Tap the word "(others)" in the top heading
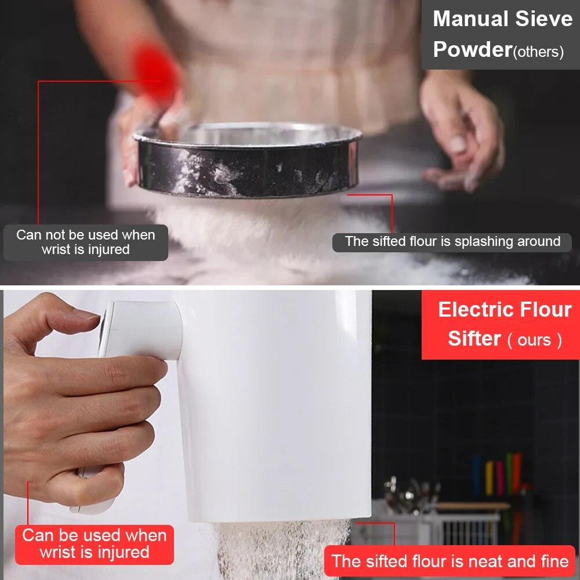click(538, 52)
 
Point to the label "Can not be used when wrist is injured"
click(85, 242)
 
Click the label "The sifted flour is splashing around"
click(452, 241)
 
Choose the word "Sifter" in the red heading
click(474, 338)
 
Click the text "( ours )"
click(534, 340)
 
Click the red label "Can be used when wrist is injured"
click(95, 543)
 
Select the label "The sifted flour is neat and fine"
click(449, 561)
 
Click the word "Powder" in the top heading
click(471, 50)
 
